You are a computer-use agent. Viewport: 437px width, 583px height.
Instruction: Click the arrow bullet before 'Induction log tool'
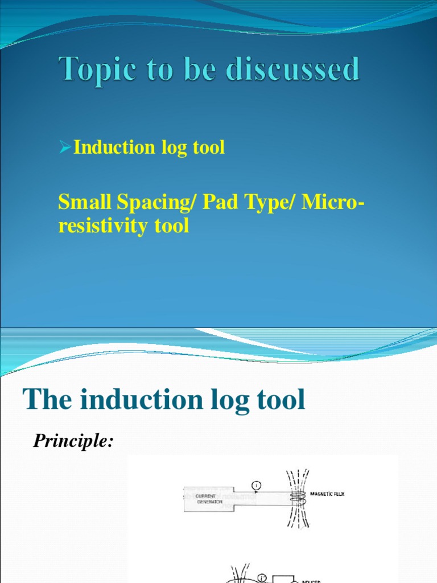(65, 147)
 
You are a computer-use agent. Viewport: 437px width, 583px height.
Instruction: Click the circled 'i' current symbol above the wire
(256, 485)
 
